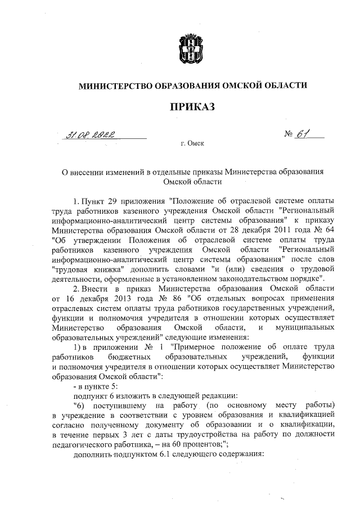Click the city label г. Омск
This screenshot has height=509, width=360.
pyautogui.click(x=192, y=144)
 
